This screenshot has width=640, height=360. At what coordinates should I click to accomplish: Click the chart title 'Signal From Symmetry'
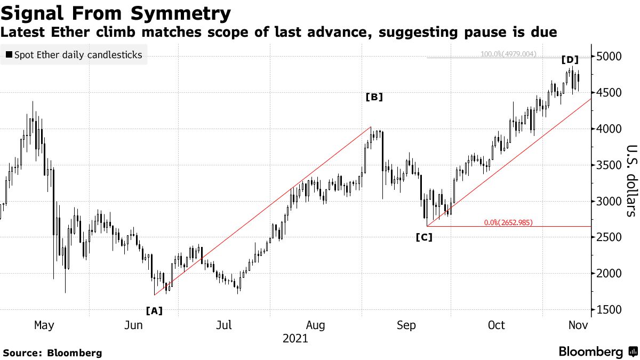[116, 13]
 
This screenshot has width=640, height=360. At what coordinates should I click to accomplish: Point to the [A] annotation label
[154, 310]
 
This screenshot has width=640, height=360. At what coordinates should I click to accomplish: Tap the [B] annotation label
[374, 97]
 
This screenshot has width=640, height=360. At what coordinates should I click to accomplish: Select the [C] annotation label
[424, 237]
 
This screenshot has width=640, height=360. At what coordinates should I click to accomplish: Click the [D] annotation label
[570, 60]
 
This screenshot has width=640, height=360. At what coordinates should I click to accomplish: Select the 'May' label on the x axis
[44, 325]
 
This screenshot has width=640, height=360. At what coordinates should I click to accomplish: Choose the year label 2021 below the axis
[295, 338]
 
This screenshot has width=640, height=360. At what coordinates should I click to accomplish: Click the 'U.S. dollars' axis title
[631, 181]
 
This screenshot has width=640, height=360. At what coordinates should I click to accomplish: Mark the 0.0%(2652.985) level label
[508, 222]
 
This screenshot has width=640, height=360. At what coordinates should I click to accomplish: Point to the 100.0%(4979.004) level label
[508, 54]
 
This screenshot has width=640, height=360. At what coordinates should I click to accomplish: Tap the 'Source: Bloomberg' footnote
[52, 353]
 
